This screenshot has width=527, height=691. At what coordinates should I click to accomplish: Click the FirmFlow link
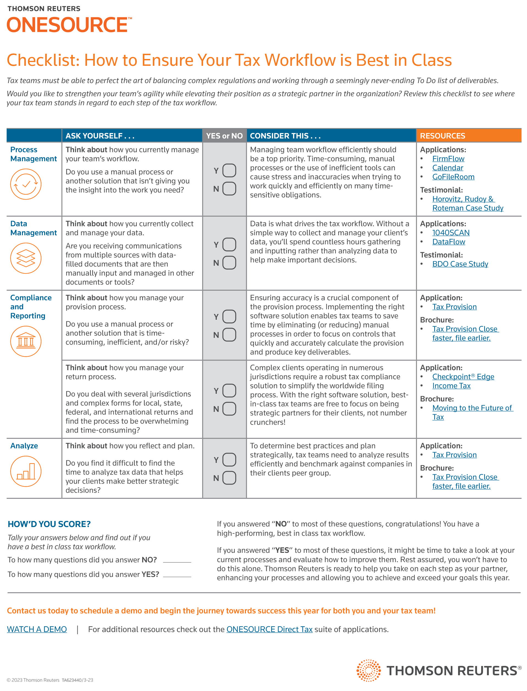point(448,158)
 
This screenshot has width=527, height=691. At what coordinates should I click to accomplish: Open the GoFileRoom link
point(453,177)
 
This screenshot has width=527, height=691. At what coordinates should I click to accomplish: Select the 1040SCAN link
point(450,233)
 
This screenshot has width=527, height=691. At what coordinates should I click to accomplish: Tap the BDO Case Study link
point(460,264)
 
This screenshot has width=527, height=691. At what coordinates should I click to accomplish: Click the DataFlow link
point(448,242)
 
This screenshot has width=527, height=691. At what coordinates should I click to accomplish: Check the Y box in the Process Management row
point(229,171)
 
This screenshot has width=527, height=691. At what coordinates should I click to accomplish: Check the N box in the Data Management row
point(229,263)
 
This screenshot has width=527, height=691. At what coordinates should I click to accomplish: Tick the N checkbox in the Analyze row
point(229,478)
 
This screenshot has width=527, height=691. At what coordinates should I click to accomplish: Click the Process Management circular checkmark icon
point(26,184)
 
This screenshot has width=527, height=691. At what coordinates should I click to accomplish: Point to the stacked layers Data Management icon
point(26,258)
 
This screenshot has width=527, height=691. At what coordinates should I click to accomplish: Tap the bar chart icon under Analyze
point(26,471)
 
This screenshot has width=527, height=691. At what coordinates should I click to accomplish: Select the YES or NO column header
point(224,136)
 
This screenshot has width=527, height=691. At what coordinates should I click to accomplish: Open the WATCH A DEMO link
point(37,629)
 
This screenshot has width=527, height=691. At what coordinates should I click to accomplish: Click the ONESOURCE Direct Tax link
point(269,629)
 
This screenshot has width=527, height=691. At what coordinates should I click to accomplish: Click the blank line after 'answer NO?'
point(177,560)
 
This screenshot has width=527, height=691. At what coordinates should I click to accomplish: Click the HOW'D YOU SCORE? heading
point(49,524)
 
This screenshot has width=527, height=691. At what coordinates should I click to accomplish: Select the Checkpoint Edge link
point(463,377)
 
